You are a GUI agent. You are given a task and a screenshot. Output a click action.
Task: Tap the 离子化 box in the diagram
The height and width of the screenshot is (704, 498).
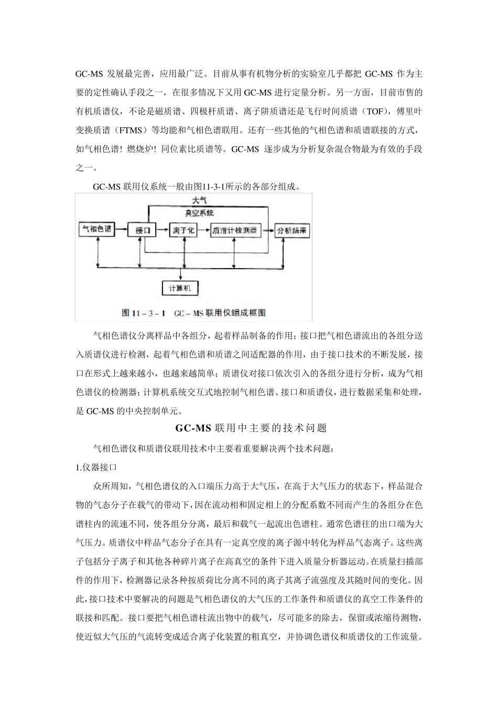click(x=182, y=230)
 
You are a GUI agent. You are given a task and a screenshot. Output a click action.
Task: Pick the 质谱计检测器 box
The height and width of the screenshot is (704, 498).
click(x=235, y=230)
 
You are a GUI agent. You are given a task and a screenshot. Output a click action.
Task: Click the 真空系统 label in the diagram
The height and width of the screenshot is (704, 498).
click(x=199, y=213)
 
